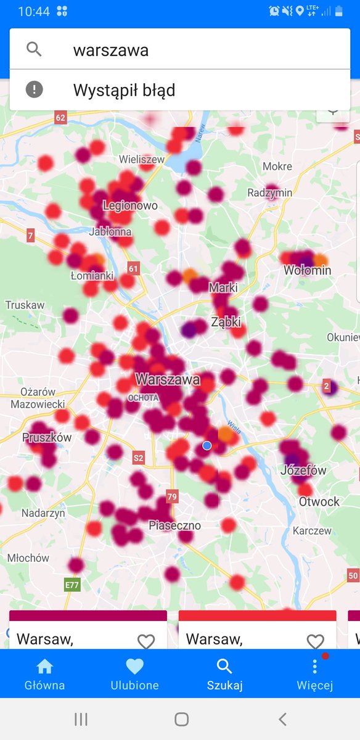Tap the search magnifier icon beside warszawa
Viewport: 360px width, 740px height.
coord(34,49)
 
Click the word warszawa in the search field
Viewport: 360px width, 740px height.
coord(111,50)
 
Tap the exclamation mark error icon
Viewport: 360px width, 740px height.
coord(34,90)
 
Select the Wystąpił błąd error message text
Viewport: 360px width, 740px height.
coord(124,91)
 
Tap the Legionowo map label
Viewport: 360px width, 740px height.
coord(130,205)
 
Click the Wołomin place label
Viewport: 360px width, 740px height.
coord(308,270)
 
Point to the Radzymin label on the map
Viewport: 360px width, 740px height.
coord(270,192)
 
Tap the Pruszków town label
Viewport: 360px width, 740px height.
coord(47,437)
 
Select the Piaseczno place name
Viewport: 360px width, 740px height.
coord(174,525)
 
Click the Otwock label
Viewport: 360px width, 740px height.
coord(319,501)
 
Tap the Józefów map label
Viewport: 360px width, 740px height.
coord(303,471)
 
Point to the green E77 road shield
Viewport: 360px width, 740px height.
coord(72,585)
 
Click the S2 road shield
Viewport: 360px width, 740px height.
coord(138,458)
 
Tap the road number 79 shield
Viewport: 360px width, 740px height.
coord(172,497)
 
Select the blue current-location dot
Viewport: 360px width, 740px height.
coord(207,445)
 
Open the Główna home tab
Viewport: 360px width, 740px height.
coord(44,673)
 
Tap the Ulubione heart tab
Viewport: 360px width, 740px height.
coord(134,673)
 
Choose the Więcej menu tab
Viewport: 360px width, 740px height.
coord(314,673)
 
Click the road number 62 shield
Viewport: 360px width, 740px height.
coord(60,117)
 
